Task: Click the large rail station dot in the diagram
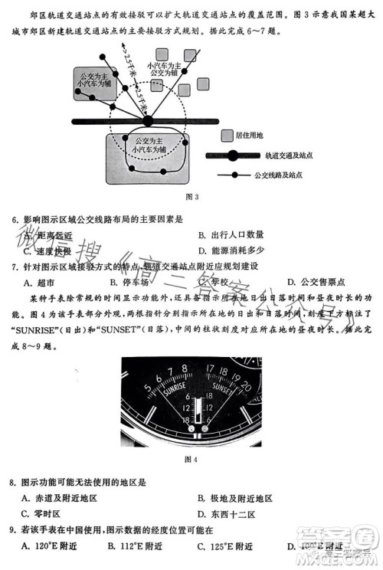(x=147, y=120)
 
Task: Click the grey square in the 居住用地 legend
(x=228, y=136)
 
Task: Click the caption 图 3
(x=192, y=197)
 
